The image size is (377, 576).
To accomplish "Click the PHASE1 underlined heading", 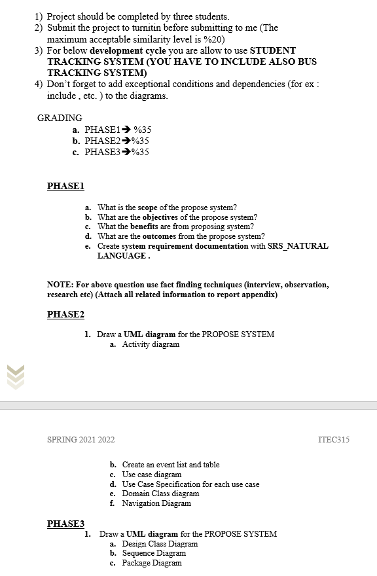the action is (66, 187).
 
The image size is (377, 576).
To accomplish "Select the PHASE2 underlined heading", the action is (66, 315).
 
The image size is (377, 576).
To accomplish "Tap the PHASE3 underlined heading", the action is (66, 524).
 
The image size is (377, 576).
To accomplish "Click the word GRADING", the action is (60, 118).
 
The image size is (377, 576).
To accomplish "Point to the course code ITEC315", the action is (332, 439).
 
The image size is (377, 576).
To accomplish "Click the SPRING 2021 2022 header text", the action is (81, 439).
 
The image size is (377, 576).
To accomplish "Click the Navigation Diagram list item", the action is (156, 503).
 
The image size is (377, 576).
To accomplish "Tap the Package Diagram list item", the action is (152, 563).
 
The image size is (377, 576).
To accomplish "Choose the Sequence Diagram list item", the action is (154, 553).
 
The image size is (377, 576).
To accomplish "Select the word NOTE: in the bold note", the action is (60, 285).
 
